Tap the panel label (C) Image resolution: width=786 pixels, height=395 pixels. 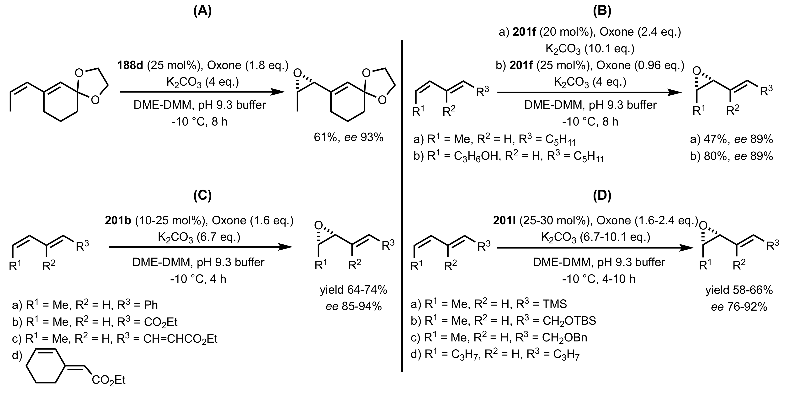(202, 196)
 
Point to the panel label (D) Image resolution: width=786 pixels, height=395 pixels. (602, 196)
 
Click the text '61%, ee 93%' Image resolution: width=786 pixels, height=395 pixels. (348, 138)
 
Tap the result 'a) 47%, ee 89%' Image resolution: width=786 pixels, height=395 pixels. (731, 139)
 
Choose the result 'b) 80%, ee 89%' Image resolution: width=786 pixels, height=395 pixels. (731, 156)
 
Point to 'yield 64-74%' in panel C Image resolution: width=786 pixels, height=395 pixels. (353, 290)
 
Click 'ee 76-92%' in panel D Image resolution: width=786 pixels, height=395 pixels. (739, 306)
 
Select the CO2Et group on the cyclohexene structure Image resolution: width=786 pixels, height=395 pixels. (109, 380)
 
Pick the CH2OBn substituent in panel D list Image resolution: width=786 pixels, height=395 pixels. (564, 338)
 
